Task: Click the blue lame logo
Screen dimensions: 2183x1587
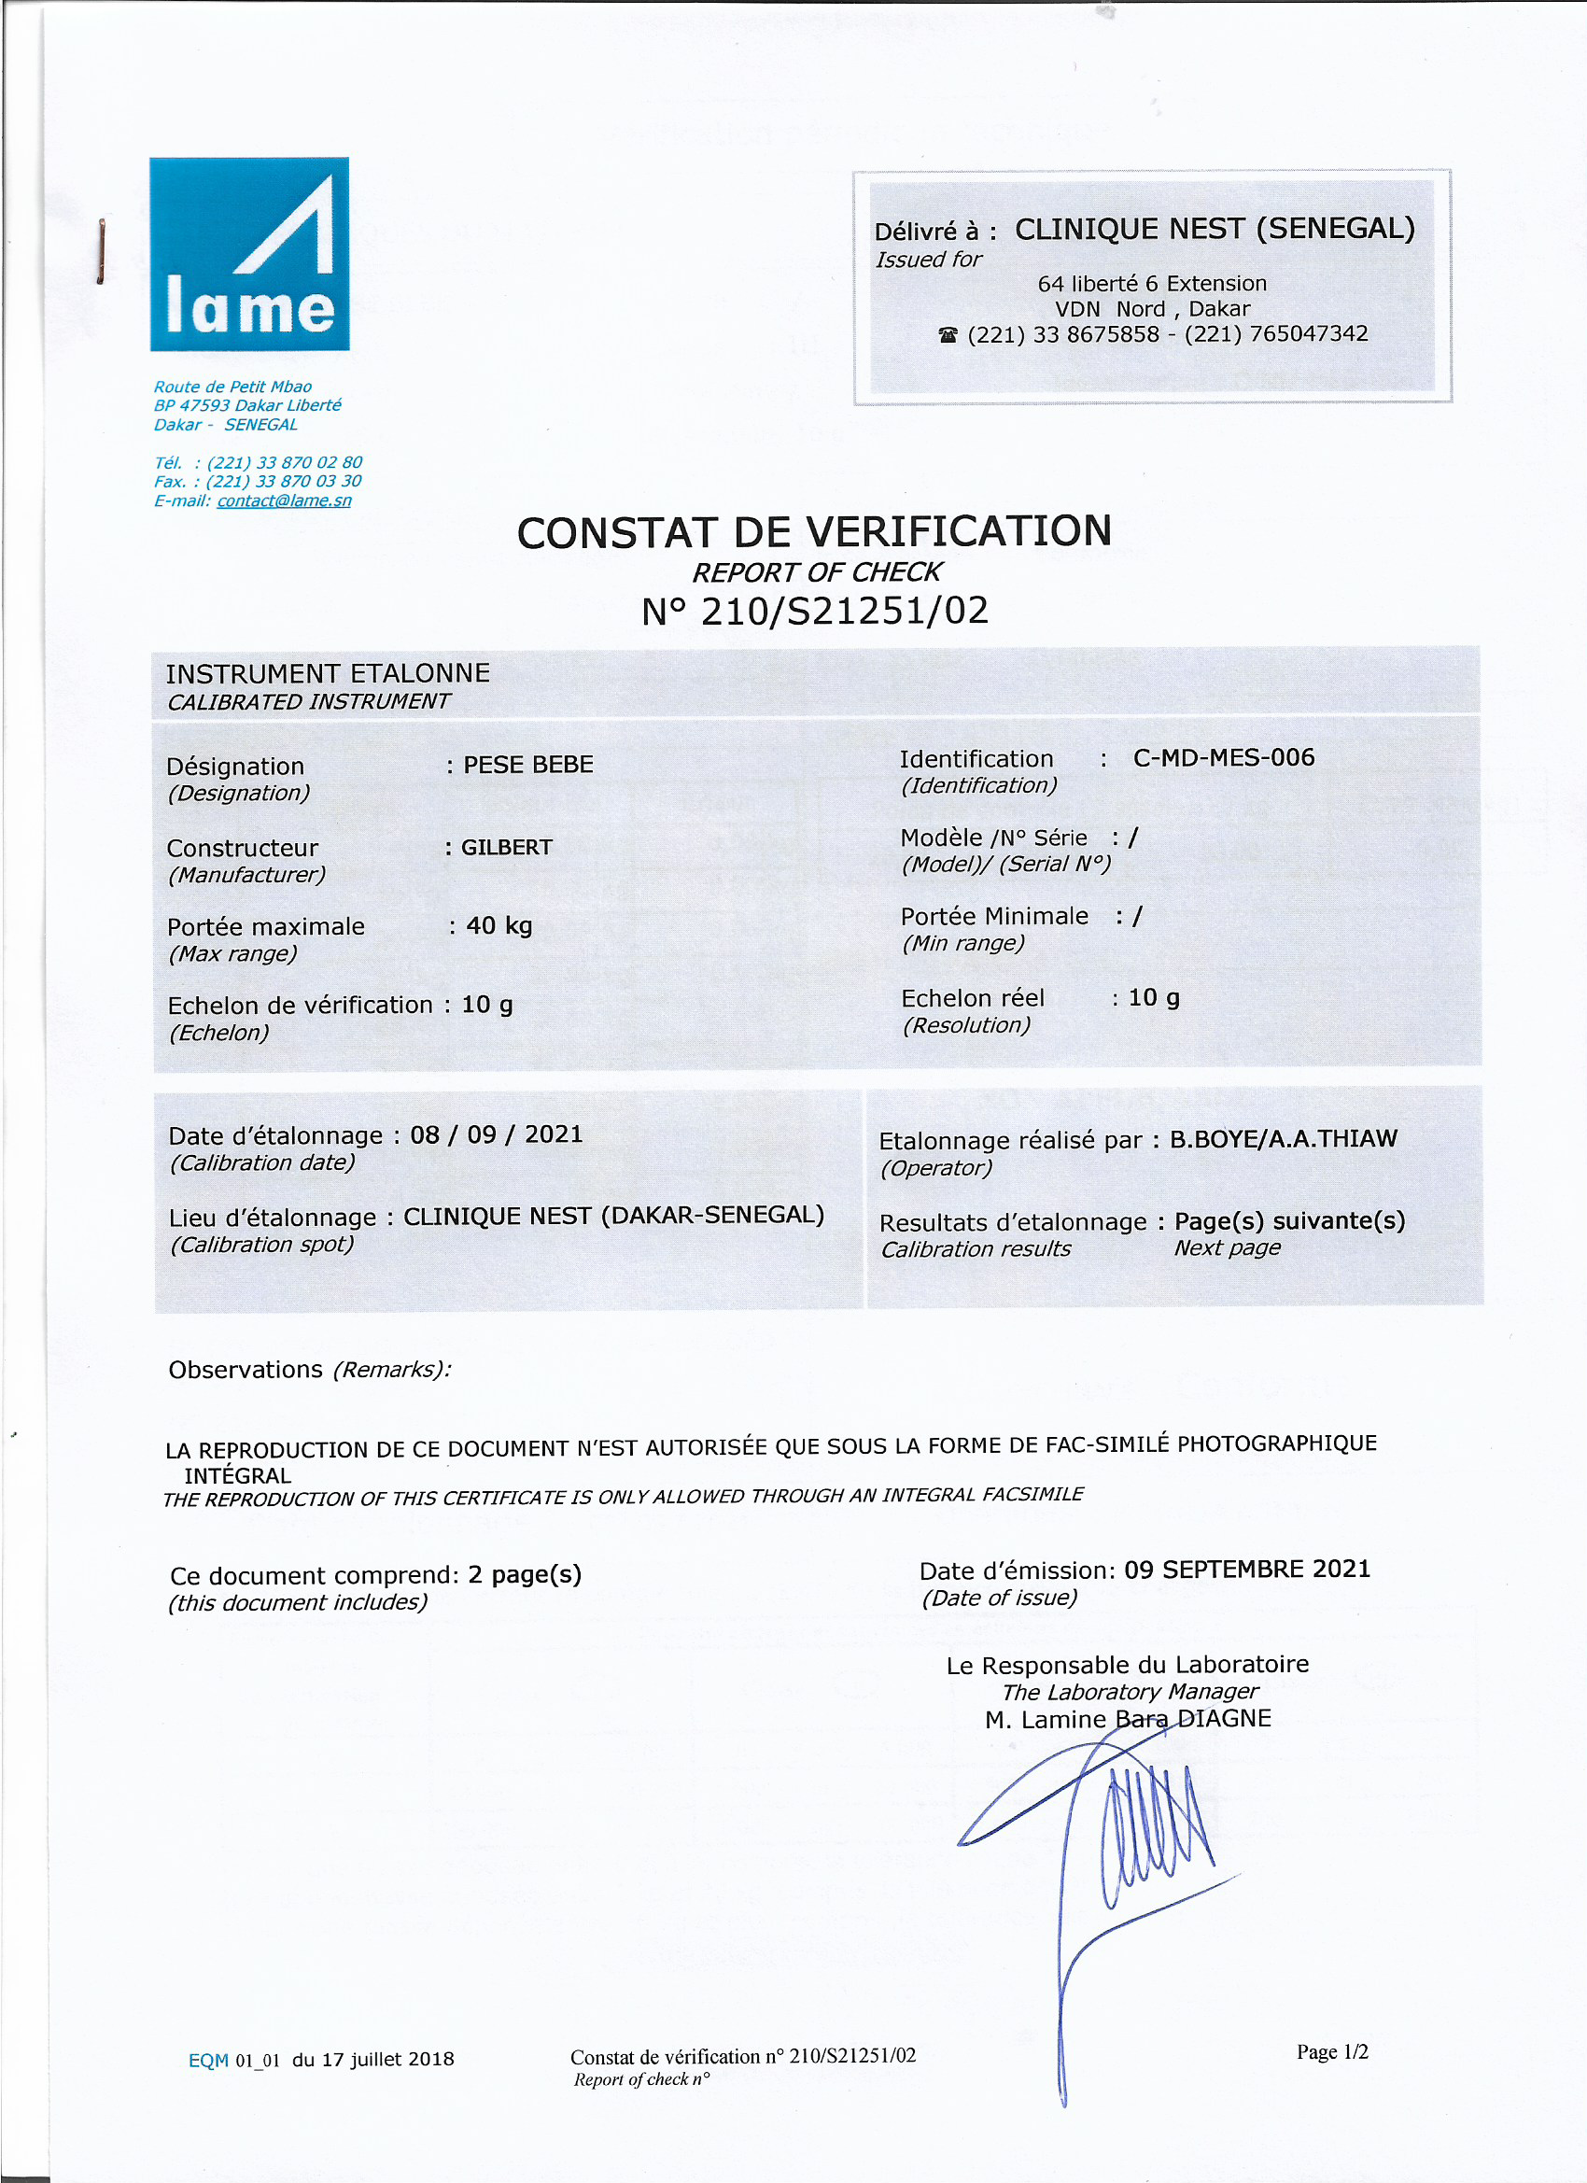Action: pyautogui.click(x=249, y=253)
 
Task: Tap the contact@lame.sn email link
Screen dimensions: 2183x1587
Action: pyautogui.click(x=284, y=500)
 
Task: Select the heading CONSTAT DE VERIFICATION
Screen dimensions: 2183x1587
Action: pyautogui.click(x=814, y=532)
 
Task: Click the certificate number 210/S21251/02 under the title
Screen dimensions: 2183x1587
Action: pyautogui.click(x=844, y=612)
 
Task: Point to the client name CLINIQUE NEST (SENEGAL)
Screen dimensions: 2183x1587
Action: pyautogui.click(x=1215, y=229)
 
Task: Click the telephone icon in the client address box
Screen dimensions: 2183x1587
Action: pyautogui.click(x=948, y=335)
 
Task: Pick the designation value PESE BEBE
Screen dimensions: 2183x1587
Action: pyautogui.click(x=528, y=766)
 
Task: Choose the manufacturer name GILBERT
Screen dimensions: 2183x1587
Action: pyautogui.click(x=506, y=847)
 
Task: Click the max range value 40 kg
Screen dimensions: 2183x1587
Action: pyautogui.click(x=499, y=926)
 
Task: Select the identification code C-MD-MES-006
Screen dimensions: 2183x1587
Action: pyautogui.click(x=1223, y=757)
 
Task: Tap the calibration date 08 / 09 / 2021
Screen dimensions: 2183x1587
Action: pyautogui.click(x=497, y=1134)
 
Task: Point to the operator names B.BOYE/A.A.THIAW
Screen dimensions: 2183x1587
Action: pyautogui.click(x=1283, y=1139)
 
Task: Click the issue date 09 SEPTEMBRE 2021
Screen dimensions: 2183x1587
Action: pyautogui.click(x=1247, y=1569)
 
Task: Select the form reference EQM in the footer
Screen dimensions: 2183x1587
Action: pyautogui.click(x=208, y=2060)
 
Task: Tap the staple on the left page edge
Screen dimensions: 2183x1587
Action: pyautogui.click(x=100, y=251)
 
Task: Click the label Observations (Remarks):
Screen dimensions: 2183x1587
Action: pyautogui.click(x=309, y=1369)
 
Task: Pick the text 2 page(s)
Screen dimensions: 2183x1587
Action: pyautogui.click(x=525, y=1574)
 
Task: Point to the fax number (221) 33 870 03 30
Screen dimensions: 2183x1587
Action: pyautogui.click(x=284, y=481)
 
